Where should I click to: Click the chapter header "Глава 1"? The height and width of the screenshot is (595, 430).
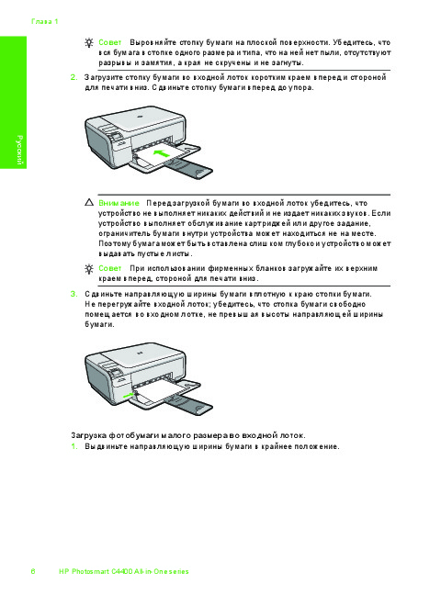45,22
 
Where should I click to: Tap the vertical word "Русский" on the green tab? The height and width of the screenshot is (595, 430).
19,150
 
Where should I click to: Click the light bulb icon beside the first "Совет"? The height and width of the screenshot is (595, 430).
89,42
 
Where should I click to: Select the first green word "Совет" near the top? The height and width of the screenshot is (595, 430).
109,42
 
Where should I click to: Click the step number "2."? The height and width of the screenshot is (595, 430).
74,77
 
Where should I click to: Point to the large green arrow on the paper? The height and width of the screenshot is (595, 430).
161,153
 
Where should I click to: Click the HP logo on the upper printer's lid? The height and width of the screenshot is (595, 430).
141,117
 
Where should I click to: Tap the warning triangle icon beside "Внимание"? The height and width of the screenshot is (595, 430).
89,202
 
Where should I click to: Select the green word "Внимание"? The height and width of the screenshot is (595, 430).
119,203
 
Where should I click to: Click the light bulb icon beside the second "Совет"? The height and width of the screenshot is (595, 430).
89,269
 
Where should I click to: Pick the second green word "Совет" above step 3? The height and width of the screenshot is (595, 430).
109,268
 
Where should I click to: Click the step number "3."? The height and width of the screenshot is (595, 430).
74,294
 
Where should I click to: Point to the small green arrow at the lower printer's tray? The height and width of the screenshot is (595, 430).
129,396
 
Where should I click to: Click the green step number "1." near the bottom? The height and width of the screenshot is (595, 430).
74,446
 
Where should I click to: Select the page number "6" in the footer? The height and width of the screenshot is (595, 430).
33,571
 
